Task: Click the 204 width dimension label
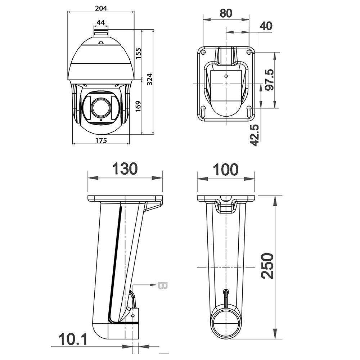click(101, 8)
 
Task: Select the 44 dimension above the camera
click(101, 22)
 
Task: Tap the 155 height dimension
click(138, 53)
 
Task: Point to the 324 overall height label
click(149, 79)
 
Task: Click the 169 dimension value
click(138, 106)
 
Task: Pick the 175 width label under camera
click(101, 140)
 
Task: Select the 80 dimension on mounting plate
click(226, 13)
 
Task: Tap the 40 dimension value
click(266, 26)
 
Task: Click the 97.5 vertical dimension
click(269, 80)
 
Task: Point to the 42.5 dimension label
click(255, 135)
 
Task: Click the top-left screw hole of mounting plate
click(203, 52)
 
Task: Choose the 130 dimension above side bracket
click(125, 169)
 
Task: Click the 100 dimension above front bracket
click(226, 170)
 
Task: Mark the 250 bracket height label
click(268, 266)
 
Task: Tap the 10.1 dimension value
click(73, 339)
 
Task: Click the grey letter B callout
click(163, 285)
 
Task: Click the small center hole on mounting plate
click(226, 76)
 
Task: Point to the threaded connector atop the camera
click(101, 32)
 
